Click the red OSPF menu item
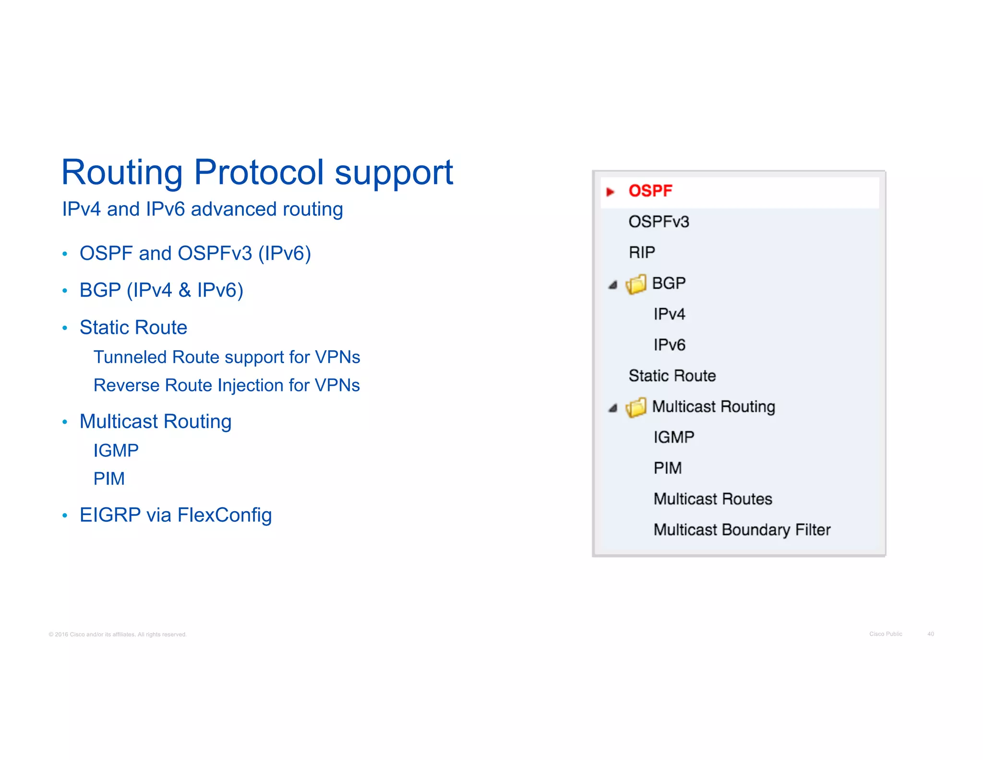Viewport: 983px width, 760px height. (x=650, y=191)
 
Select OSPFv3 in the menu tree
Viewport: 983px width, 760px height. (x=659, y=222)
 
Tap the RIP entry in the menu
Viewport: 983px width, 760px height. (x=642, y=253)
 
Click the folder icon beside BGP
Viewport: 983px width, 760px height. (x=636, y=284)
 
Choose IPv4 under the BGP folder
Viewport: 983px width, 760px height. (x=669, y=314)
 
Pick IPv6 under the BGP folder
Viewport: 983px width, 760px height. (x=669, y=345)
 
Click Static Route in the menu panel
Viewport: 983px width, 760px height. (x=672, y=376)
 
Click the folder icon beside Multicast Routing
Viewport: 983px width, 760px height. (x=636, y=408)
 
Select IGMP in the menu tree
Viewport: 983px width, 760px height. (x=673, y=437)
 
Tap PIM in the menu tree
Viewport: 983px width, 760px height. (x=667, y=468)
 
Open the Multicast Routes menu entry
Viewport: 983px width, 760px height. (x=713, y=499)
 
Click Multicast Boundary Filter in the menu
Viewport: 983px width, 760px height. (x=742, y=530)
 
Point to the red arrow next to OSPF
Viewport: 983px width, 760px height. (x=610, y=192)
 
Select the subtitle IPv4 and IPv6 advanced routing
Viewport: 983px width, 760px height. (x=202, y=209)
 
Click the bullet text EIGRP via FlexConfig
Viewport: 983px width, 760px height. (x=176, y=515)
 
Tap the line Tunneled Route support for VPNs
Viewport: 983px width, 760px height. (x=227, y=357)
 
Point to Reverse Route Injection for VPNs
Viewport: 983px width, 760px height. (x=227, y=385)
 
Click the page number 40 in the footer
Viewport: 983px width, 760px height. (x=930, y=634)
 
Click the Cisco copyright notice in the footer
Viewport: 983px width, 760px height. (x=118, y=635)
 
